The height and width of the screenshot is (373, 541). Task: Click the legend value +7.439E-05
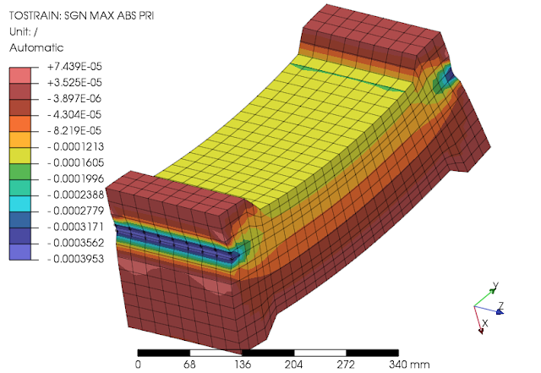(74, 66)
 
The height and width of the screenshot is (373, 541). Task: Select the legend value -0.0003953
(75, 259)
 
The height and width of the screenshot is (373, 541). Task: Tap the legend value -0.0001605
(75, 162)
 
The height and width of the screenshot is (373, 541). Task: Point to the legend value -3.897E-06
(74, 98)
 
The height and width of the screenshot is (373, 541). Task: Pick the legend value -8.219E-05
(74, 130)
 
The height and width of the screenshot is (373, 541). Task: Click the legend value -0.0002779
(75, 211)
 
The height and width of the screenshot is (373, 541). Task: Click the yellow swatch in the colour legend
(20, 156)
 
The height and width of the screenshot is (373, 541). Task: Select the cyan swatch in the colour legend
(20, 204)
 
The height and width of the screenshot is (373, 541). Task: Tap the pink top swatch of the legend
(20, 75)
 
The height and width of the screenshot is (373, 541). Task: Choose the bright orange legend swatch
(20, 123)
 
